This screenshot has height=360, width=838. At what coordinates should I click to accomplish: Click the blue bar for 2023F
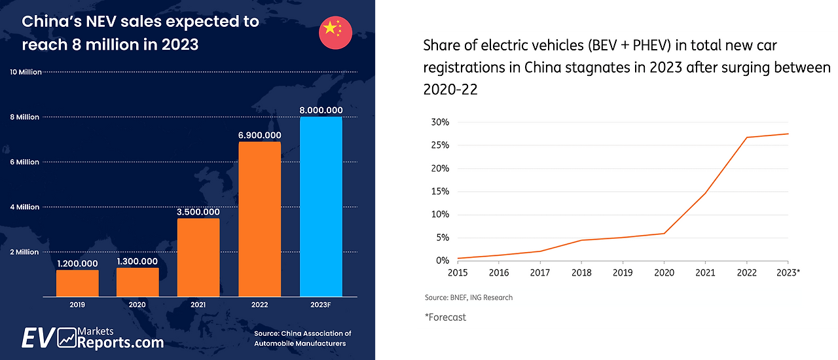(x=321, y=206)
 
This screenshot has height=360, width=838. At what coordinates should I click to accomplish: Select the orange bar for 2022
(x=259, y=219)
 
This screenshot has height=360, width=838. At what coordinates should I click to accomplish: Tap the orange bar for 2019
(x=77, y=283)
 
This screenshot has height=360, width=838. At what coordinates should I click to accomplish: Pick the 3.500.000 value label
(x=198, y=211)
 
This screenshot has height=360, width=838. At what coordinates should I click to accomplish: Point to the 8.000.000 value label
(x=321, y=110)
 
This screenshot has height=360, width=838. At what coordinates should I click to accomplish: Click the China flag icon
(x=335, y=31)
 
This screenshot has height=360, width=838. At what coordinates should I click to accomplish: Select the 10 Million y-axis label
(x=26, y=72)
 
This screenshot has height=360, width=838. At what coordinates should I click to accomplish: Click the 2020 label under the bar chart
(x=137, y=304)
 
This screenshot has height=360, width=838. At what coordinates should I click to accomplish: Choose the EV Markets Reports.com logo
(x=92, y=338)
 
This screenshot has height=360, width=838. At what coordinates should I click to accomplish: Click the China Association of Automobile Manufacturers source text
(x=302, y=338)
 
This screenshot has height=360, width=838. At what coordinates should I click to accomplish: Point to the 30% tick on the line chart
(x=440, y=122)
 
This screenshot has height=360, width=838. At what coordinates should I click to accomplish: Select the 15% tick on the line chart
(x=440, y=191)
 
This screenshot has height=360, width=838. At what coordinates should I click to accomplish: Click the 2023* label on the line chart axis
(x=788, y=272)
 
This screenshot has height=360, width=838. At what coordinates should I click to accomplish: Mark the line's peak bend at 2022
(x=747, y=137)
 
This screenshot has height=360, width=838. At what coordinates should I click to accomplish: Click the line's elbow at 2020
(x=665, y=233)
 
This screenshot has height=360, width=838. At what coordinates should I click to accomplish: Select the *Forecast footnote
(x=446, y=317)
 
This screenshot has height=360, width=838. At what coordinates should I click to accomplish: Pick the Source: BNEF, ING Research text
(x=469, y=297)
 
